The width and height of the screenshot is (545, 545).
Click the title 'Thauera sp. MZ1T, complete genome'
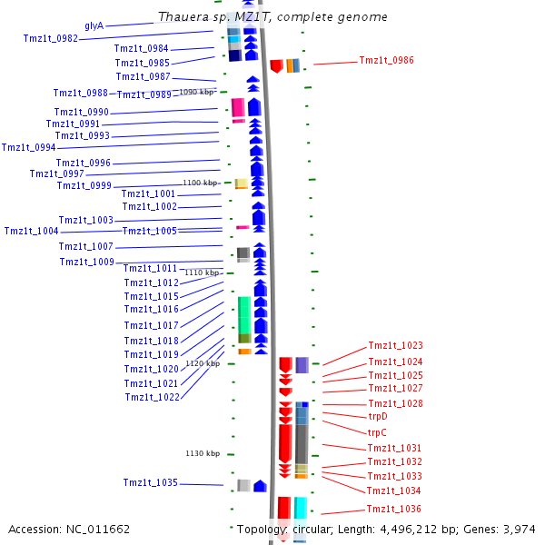click(x=272, y=17)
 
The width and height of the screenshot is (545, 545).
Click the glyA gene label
click(x=94, y=25)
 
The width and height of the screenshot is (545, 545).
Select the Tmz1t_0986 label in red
click(x=386, y=60)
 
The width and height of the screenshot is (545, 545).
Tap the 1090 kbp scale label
click(x=196, y=92)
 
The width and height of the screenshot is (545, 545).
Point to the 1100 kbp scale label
click(x=200, y=183)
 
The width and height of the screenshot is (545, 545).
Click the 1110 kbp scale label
click(x=203, y=272)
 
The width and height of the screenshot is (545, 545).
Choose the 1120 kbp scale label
click(x=203, y=363)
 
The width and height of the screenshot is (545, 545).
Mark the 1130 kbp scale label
click(x=203, y=453)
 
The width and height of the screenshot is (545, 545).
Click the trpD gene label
click(x=377, y=416)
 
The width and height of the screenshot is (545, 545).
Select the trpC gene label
click(x=377, y=432)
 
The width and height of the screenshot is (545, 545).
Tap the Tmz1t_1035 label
click(x=150, y=482)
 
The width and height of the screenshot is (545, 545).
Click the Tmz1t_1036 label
click(x=393, y=509)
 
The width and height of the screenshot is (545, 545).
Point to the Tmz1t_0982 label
click(x=50, y=38)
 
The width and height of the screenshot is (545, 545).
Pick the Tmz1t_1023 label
click(x=395, y=345)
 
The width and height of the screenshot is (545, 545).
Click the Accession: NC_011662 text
click(x=69, y=529)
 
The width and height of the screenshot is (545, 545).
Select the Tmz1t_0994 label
click(x=28, y=147)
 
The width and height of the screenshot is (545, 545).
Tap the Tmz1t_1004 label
click(x=31, y=231)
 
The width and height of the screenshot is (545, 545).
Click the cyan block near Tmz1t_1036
click(x=300, y=508)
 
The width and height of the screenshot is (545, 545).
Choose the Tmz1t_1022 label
click(x=152, y=397)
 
